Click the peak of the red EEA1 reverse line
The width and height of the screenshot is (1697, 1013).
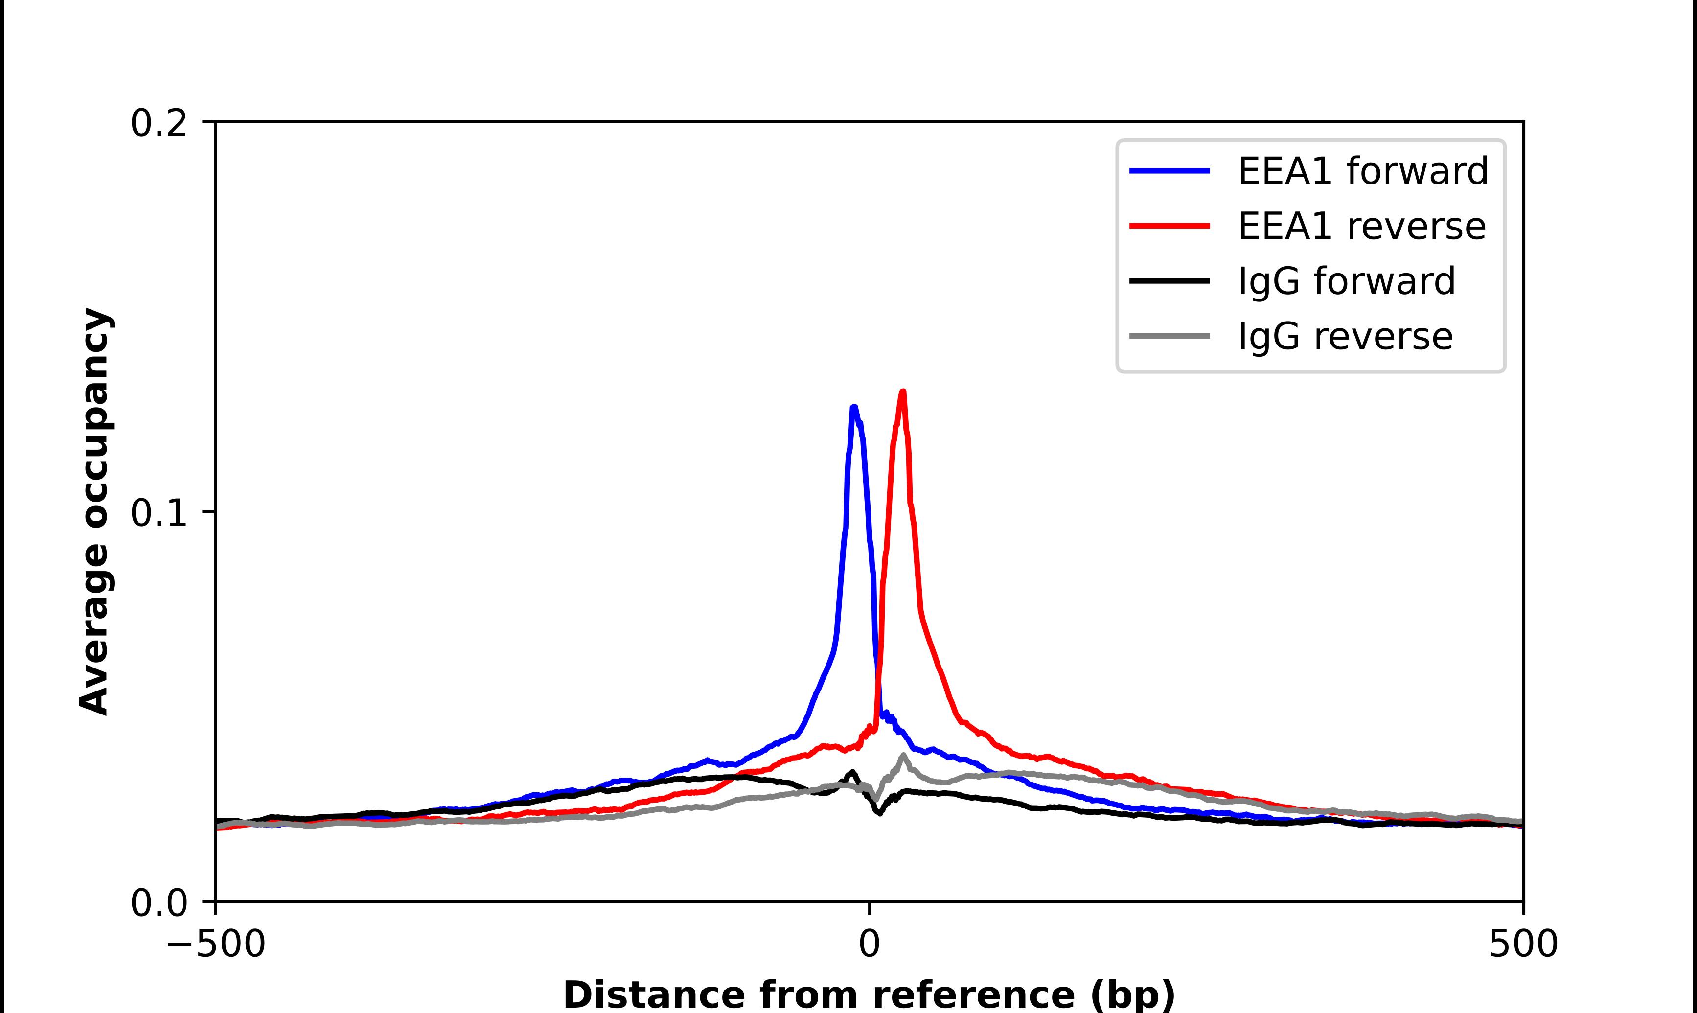903,392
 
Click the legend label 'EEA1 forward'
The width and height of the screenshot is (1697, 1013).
1363,171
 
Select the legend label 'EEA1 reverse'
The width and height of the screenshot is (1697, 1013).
1361,226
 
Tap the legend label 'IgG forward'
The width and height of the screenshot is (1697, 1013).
1346,281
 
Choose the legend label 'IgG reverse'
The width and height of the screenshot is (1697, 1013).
1345,337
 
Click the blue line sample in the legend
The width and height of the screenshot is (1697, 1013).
1170,171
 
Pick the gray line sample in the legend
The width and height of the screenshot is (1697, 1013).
1170,336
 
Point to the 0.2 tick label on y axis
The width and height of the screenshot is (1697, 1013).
159,123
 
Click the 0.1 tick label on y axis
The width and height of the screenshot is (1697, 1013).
159,513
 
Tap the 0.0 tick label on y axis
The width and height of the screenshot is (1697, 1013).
159,903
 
